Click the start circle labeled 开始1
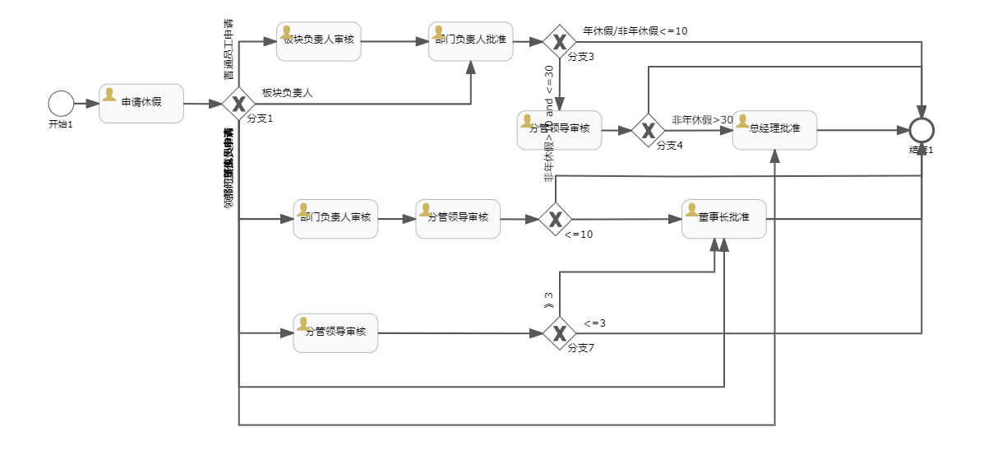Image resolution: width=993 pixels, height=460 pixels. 61,104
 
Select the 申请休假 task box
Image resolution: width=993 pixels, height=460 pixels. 141,104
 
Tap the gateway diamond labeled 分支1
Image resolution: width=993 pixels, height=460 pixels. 238,104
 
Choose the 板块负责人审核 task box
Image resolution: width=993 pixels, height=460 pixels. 319,41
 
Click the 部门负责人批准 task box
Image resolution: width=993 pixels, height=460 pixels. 471,41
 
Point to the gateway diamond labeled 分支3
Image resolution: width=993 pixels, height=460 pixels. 560,41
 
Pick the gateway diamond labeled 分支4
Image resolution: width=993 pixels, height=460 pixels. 649,130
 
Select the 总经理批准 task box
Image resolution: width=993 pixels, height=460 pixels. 774,130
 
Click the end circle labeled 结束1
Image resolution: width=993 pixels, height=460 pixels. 921,130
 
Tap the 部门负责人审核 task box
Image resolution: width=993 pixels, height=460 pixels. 335,219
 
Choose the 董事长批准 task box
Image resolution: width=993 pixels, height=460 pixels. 724,219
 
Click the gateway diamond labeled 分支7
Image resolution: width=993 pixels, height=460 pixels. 560,333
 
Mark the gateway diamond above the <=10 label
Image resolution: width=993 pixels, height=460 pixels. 556,219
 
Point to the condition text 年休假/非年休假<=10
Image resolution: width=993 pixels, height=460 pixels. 635,31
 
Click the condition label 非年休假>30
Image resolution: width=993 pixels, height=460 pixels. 702,120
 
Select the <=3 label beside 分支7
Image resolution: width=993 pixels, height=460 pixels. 595,323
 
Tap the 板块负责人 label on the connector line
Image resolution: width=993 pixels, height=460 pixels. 288,93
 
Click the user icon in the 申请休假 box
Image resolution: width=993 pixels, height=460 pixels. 109,95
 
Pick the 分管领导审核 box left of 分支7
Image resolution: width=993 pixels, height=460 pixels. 335,333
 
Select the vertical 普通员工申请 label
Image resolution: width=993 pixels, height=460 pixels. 228,49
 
